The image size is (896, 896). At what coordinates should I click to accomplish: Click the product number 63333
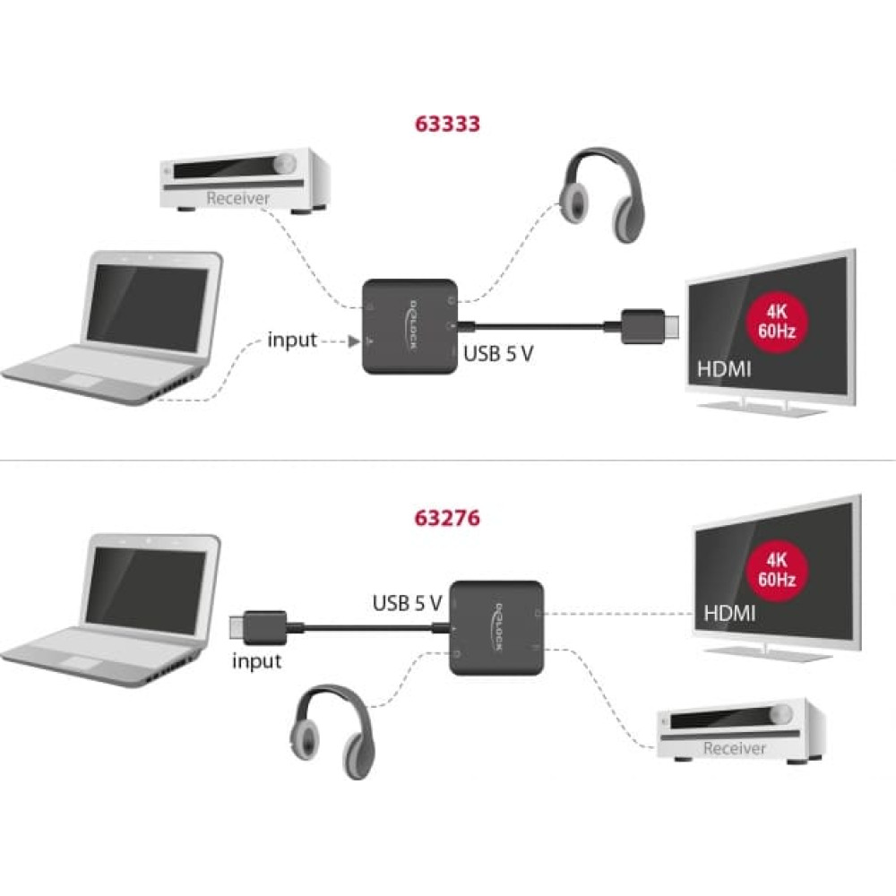pyautogui.click(x=447, y=124)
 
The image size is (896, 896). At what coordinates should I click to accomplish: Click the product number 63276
pyautogui.click(x=447, y=517)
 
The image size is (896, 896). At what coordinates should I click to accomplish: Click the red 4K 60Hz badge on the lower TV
pyautogui.click(x=776, y=567)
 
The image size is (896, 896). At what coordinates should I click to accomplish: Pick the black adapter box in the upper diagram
pyautogui.click(x=411, y=325)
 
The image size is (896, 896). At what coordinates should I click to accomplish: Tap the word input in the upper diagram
pyautogui.click(x=292, y=340)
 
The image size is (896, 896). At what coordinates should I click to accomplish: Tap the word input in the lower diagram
pyautogui.click(x=256, y=661)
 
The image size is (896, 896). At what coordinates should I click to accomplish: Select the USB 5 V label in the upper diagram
pyautogui.click(x=498, y=354)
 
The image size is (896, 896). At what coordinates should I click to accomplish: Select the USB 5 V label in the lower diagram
pyautogui.click(x=408, y=603)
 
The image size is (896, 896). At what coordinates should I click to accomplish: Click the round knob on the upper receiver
pyautogui.click(x=286, y=164)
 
